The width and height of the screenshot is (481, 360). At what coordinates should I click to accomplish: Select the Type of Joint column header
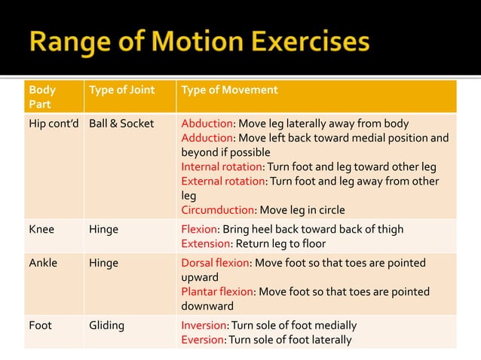[x=121, y=90]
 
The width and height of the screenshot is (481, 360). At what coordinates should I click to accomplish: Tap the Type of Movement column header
[x=229, y=90]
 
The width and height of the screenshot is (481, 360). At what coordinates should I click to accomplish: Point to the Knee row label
[x=41, y=230]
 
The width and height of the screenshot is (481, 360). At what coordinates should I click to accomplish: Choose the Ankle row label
[x=43, y=264]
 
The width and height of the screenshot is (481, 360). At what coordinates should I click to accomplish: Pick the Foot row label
[x=41, y=326]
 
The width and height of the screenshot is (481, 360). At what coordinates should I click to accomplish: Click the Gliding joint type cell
[x=106, y=326]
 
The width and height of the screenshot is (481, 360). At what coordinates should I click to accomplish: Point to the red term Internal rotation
[x=220, y=166]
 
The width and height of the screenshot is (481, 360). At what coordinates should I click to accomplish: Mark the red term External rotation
[x=222, y=181]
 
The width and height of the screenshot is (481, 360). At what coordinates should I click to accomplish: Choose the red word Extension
[x=205, y=244]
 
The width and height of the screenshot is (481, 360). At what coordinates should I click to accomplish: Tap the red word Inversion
[x=204, y=326]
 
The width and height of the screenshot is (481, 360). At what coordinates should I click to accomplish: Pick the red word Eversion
[x=203, y=340]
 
